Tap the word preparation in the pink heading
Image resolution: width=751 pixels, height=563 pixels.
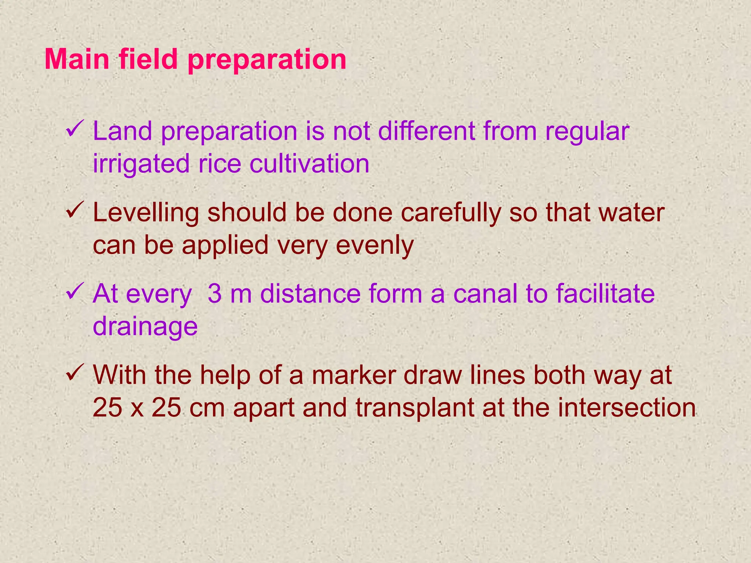coord(267,60)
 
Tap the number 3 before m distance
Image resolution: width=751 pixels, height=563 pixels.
coord(215,294)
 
